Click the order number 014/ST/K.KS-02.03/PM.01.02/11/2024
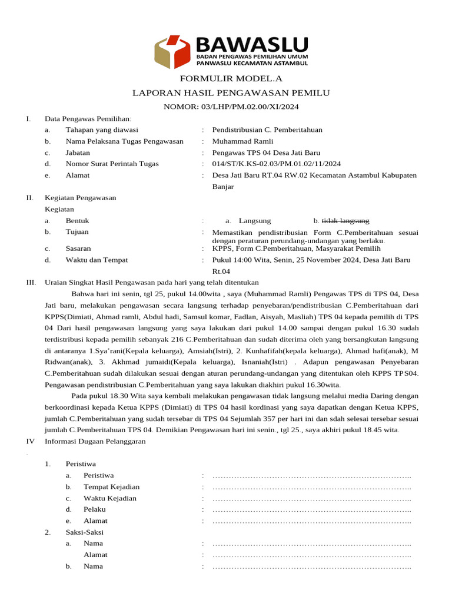[x=276, y=164]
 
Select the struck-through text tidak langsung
[x=345, y=221]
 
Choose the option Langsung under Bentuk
[x=255, y=221]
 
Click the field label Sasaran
[x=78, y=249]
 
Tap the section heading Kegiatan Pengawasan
[x=81, y=198]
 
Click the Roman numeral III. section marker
[x=31, y=283]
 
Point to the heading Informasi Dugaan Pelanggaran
[x=95, y=442]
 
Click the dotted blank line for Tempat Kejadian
[x=311, y=487]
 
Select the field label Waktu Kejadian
[x=110, y=498]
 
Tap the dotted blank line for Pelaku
[x=311, y=509]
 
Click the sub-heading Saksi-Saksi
[x=85, y=532]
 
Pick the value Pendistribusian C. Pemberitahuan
[x=267, y=130]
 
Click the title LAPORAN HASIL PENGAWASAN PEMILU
[x=231, y=93]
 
